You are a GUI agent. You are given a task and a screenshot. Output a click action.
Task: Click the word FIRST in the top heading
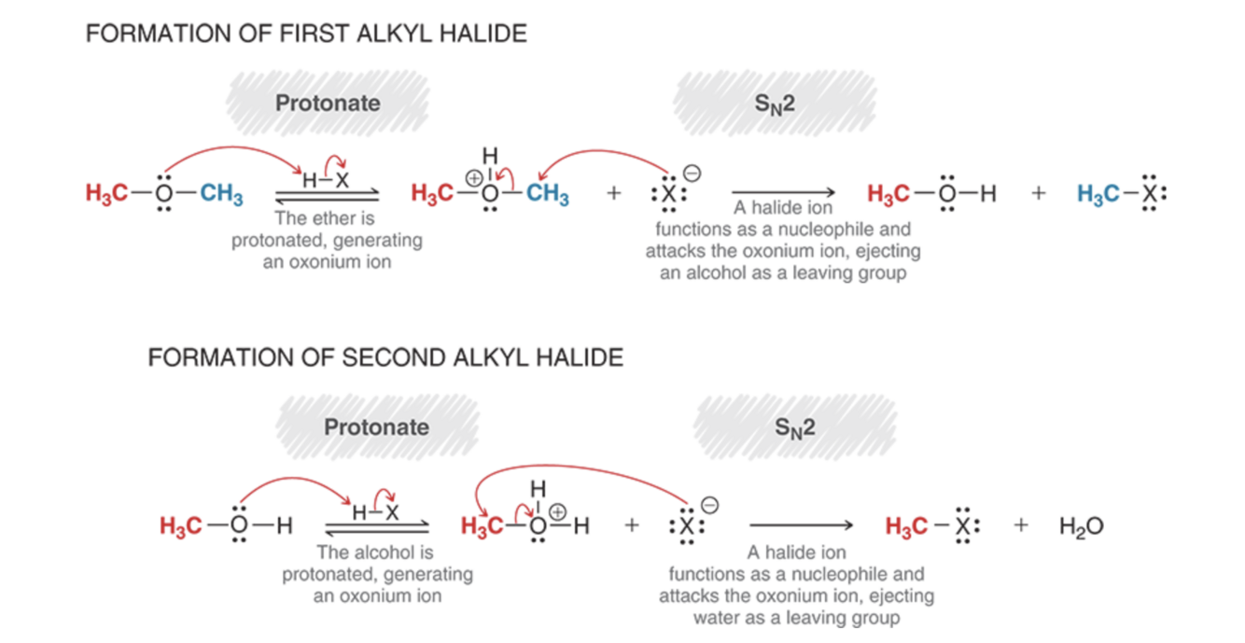(314, 34)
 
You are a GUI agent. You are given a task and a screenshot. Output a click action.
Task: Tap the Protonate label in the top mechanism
(328, 103)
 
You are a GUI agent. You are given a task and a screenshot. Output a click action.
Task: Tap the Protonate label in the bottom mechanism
(376, 426)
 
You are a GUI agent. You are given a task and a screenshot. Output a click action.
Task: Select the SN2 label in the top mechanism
(775, 104)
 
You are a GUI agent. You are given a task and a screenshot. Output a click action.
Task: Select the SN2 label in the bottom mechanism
(795, 428)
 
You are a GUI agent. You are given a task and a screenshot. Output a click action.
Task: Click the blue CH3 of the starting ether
(221, 194)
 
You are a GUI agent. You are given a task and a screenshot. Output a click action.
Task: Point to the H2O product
(1081, 525)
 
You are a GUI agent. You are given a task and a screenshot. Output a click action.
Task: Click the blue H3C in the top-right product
(1098, 194)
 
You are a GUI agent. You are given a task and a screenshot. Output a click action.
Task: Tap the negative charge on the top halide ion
(692, 174)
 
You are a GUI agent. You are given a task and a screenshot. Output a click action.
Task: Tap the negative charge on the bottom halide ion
(709, 505)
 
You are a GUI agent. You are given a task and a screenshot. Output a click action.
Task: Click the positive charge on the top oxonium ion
(473, 178)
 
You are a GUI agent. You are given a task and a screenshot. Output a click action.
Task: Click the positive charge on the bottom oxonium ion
(557, 511)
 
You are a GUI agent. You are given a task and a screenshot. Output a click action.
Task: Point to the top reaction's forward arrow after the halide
(783, 192)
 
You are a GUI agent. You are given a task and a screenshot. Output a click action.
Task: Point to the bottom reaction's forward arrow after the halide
(801, 525)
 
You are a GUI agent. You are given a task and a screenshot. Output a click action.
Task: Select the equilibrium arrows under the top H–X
(328, 196)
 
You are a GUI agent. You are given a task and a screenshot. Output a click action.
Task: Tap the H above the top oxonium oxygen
(490, 156)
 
